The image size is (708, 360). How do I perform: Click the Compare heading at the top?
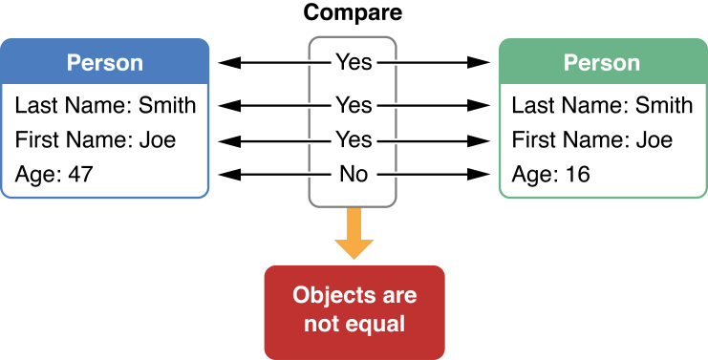[x=353, y=13]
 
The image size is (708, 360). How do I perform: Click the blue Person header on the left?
[x=104, y=63]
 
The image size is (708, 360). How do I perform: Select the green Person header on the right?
[x=602, y=63]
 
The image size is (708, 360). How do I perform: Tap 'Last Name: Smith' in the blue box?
[x=105, y=105]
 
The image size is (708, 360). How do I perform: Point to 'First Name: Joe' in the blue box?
[x=96, y=140]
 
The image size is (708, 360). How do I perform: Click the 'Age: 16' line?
[x=551, y=175]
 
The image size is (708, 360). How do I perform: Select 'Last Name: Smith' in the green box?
[x=602, y=105]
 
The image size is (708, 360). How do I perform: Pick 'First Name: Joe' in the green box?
[x=592, y=140]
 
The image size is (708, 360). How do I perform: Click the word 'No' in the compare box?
[x=354, y=175]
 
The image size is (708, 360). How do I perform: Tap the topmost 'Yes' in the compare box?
[x=354, y=63]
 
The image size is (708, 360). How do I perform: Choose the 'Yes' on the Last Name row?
[x=354, y=103]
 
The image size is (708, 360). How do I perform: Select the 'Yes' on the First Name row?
[x=354, y=140]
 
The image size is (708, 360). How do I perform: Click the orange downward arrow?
[x=354, y=236]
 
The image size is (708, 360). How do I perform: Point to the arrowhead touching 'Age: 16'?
[x=480, y=175]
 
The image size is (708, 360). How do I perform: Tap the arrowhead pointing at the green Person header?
[x=480, y=63]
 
